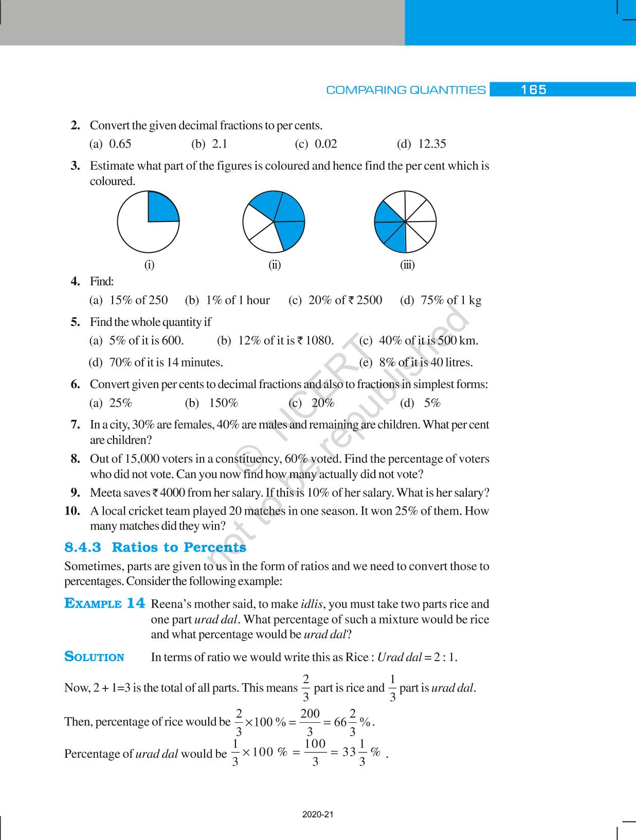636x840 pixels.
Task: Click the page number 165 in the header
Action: (533, 90)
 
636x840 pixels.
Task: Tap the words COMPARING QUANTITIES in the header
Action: (406, 90)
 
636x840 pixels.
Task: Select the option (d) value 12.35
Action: (432, 144)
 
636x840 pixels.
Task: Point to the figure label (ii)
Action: (275, 265)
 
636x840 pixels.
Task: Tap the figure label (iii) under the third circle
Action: (407, 265)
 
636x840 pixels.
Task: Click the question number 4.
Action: (76, 281)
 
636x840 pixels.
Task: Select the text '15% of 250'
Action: (138, 300)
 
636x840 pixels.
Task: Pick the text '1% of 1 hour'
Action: (238, 300)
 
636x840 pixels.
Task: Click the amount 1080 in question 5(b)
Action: (319, 340)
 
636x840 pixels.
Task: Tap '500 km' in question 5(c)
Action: (458, 340)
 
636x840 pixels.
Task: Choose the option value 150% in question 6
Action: (223, 403)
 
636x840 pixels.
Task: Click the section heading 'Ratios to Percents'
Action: (179, 547)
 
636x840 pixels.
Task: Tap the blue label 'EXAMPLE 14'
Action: (105, 604)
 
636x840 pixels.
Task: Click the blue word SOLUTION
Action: (94, 657)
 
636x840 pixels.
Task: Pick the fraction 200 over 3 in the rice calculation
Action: (310, 722)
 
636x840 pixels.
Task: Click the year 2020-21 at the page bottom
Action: (318, 815)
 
